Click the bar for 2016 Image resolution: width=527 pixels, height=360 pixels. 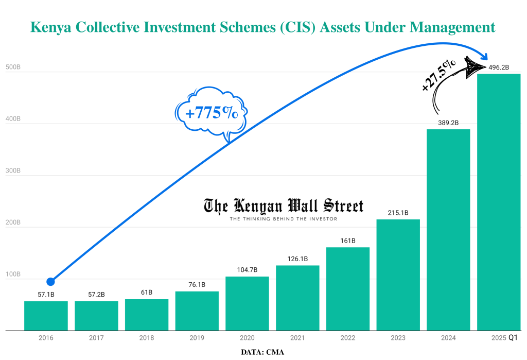[x=46, y=316]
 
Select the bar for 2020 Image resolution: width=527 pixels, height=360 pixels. [x=247, y=303]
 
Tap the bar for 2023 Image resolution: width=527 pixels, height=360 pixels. [x=398, y=275]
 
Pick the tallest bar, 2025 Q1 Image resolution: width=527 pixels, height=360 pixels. [x=499, y=202]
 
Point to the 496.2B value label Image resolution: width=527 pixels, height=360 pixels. [x=499, y=67]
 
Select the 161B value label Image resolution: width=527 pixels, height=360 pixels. [x=348, y=241]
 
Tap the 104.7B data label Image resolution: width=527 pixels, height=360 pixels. [x=247, y=270]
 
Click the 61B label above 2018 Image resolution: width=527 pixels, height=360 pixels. [x=147, y=293]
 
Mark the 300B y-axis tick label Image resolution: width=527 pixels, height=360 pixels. [x=12, y=171]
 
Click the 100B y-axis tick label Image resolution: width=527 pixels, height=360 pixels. [x=12, y=275]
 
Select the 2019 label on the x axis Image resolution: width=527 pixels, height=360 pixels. [x=197, y=338]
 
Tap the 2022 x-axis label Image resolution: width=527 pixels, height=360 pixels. [x=348, y=338]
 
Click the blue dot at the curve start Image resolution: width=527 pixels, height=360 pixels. [x=50, y=282]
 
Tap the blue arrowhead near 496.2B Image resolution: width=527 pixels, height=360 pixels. [x=484, y=56]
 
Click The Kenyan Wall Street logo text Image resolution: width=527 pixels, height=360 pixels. [x=284, y=207]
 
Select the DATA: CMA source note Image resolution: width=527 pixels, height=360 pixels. [x=262, y=352]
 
